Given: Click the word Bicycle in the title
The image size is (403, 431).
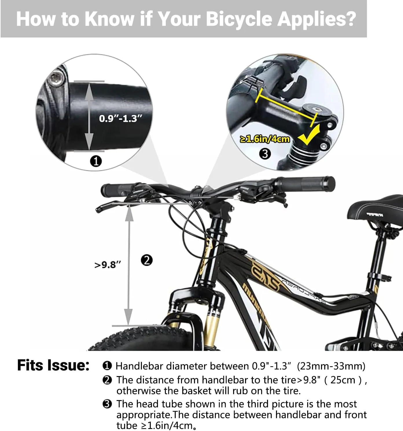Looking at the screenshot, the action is coord(239,19).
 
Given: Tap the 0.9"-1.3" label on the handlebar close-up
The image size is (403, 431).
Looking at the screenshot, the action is coord(121,119).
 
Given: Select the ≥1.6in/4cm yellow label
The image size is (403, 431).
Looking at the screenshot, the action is coord(265,139).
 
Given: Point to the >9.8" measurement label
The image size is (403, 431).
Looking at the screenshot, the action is coord(108,265).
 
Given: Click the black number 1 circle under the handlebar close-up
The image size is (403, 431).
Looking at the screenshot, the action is coord(96,161).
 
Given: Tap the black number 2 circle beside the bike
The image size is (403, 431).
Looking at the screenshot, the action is coord(147,260).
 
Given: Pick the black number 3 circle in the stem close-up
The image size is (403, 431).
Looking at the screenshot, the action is coord(265,154).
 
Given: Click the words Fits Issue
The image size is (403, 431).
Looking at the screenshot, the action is coord(53,365).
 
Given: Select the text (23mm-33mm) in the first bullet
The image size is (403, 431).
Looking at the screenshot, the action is coord(331,366).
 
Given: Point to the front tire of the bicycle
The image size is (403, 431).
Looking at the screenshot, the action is coord(141,338).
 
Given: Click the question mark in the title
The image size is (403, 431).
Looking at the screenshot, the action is coord(349,19).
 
